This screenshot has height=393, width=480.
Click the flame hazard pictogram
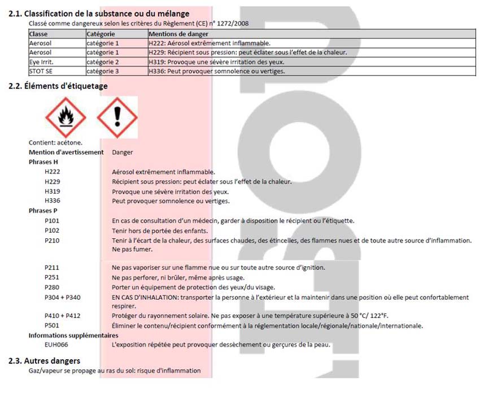(66, 117)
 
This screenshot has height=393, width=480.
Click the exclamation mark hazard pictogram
(117, 117)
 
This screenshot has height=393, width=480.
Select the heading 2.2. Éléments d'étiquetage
(58, 86)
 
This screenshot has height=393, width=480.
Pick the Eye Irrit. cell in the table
(42, 62)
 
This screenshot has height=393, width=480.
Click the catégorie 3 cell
(103, 71)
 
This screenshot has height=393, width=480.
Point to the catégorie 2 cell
(103, 62)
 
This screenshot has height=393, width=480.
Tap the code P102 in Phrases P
(52, 230)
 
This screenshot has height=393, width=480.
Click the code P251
(52, 277)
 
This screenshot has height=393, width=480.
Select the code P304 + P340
(63, 297)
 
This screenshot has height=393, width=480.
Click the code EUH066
(56, 344)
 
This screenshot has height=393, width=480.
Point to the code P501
(52, 325)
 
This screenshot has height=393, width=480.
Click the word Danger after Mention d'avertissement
(123, 152)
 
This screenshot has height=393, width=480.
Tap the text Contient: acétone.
(55, 142)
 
